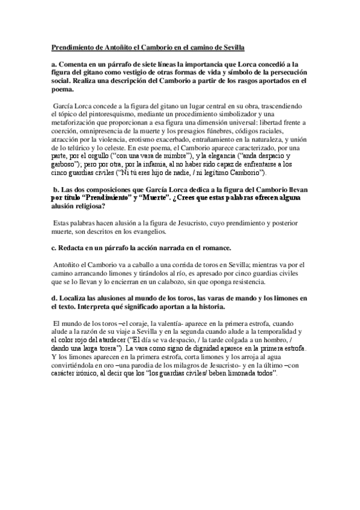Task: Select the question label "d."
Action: [53, 297]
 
